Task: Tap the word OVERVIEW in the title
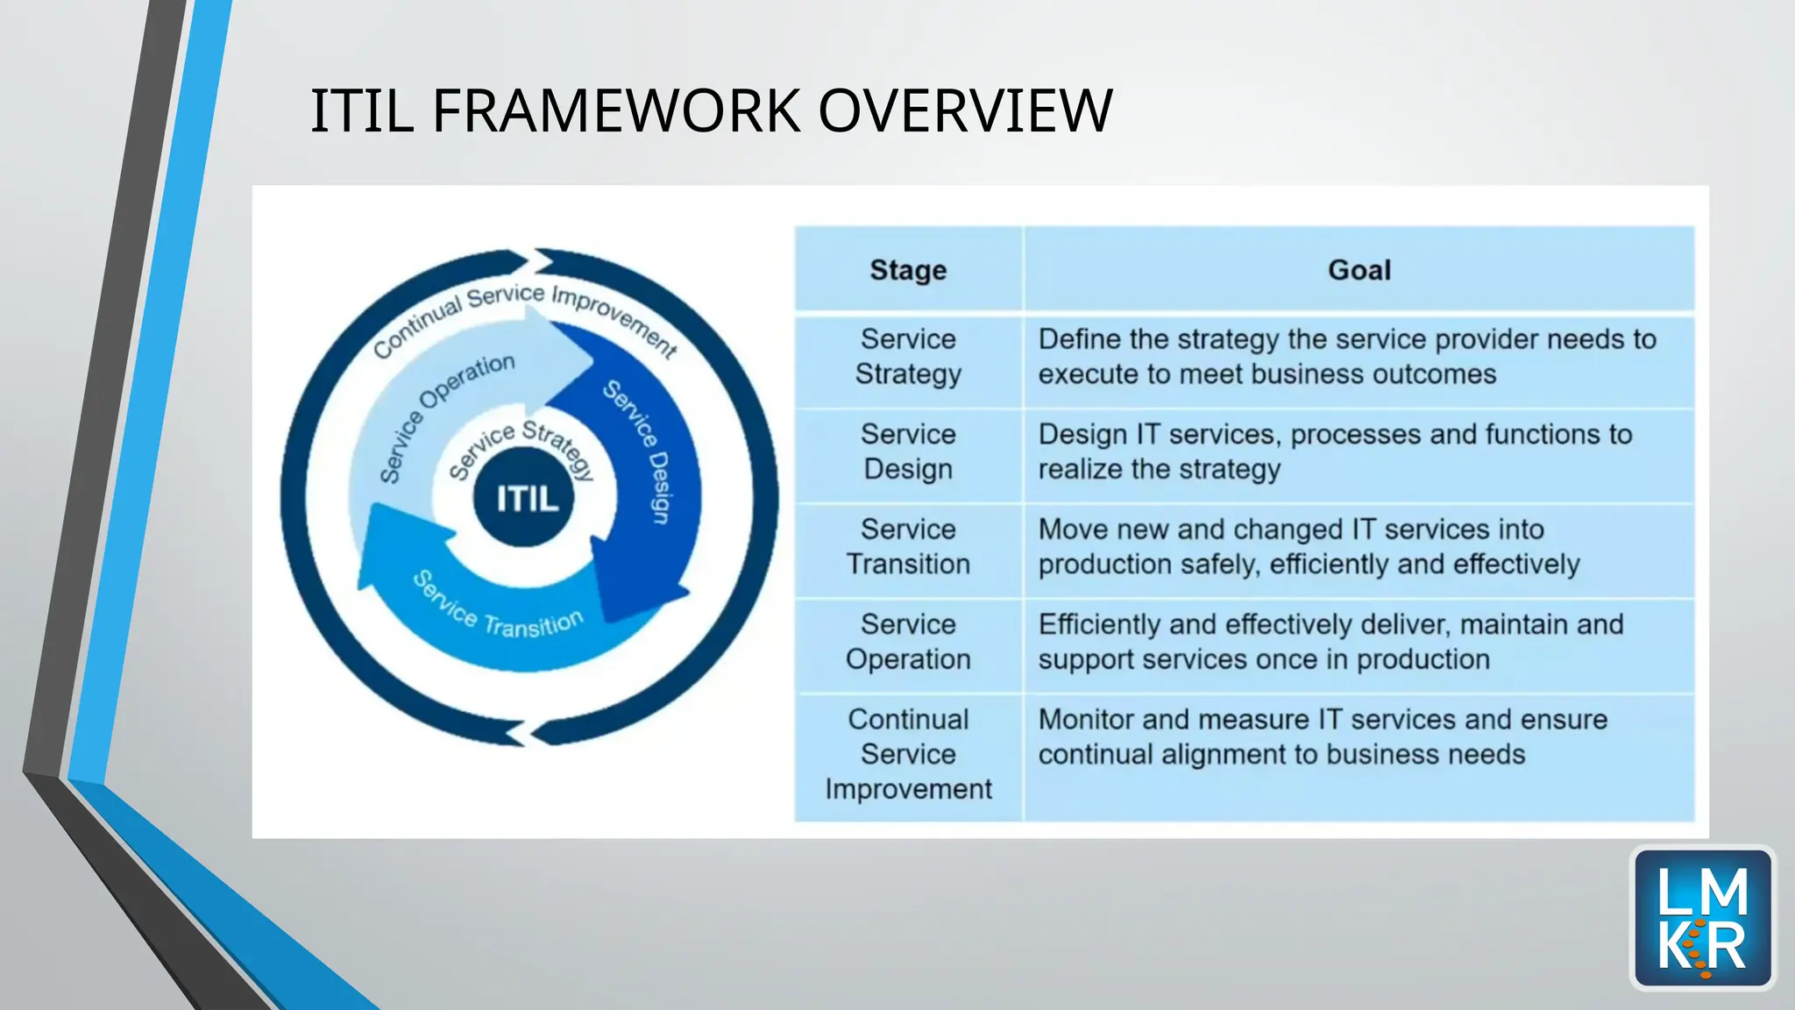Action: [965, 111]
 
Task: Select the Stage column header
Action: [908, 270]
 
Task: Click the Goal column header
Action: [1359, 270]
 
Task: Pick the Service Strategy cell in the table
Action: [908, 357]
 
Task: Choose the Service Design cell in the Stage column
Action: [908, 452]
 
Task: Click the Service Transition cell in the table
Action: [908, 546]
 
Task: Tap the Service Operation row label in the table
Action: [908, 642]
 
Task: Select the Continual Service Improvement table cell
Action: [908, 754]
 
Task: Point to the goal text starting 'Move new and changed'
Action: [1308, 546]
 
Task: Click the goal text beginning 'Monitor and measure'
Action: [1323, 736]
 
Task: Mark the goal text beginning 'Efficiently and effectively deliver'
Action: [1330, 642]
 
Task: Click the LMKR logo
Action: [1702, 918]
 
